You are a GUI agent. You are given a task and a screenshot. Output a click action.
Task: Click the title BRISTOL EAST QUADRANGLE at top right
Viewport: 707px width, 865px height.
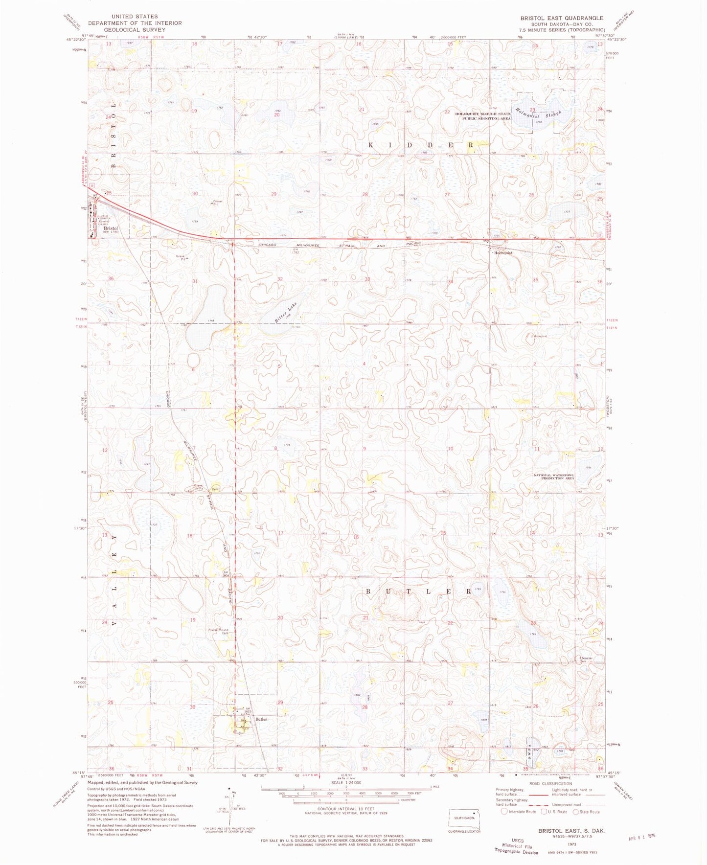[x=562, y=18]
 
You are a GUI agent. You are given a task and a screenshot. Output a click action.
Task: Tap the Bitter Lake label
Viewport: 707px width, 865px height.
[x=286, y=312]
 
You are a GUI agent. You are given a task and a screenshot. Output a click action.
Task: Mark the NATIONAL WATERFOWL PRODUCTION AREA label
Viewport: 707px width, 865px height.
[x=554, y=477]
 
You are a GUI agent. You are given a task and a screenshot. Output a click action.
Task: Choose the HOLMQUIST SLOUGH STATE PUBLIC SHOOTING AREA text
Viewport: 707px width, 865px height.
[x=483, y=116]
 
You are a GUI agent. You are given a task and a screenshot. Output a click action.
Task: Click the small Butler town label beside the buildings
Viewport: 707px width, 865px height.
[x=261, y=719]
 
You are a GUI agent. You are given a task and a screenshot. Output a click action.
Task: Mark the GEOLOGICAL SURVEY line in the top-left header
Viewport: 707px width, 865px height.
[x=135, y=30]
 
